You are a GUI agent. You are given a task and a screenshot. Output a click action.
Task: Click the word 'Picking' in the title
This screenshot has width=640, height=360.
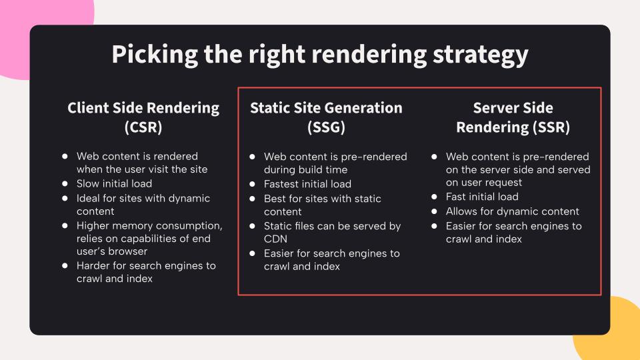point(155,55)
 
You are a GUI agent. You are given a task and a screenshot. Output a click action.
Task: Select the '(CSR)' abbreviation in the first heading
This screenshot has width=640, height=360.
point(143,127)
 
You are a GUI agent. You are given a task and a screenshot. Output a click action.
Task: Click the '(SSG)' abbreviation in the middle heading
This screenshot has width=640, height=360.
point(326,127)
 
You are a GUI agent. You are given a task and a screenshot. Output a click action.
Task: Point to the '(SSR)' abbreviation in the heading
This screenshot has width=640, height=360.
point(551,127)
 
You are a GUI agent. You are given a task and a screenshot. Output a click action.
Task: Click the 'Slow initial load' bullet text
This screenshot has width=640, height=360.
point(114,184)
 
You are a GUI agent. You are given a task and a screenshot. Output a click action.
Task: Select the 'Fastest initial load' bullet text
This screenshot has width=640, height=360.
point(308,184)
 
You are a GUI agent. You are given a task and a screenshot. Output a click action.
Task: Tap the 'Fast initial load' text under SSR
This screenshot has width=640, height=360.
point(482,197)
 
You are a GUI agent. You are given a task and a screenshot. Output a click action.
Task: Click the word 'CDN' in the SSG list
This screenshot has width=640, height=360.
point(275,239)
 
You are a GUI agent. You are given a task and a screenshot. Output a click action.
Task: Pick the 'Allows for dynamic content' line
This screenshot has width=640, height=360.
point(513,211)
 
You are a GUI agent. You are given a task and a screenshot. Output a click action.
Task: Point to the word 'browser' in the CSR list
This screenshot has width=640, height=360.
point(129,251)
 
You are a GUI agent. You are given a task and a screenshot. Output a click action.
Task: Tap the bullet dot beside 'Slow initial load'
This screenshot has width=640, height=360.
point(65,184)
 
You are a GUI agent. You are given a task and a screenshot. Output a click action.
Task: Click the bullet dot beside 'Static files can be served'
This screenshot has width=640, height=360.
point(252,226)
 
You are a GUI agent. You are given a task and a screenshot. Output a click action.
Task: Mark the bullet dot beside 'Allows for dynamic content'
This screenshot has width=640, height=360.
point(434,211)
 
